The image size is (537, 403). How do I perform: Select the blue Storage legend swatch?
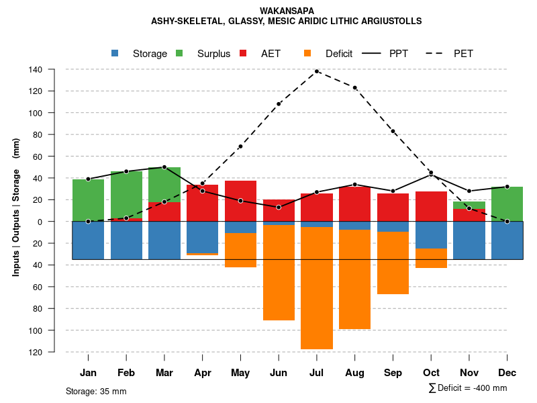(x=115, y=54)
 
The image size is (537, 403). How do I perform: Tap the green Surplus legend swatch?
(x=179, y=54)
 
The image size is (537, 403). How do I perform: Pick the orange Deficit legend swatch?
(x=307, y=54)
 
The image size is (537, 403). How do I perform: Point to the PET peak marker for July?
(x=317, y=71)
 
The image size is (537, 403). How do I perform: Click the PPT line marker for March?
(x=164, y=167)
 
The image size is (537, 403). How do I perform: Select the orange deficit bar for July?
(x=317, y=289)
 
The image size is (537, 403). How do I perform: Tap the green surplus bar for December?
(x=507, y=204)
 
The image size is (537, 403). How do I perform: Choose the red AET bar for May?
(x=240, y=201)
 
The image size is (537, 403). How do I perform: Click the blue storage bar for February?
(x=126, y=240)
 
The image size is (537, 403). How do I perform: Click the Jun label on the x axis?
(x=279, y=373)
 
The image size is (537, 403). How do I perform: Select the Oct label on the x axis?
(x=431, y=373)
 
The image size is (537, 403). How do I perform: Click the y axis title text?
(x=16, y=207)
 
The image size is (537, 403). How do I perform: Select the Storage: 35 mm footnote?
(x=96, y=391)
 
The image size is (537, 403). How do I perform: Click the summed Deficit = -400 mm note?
(x=468, y=388)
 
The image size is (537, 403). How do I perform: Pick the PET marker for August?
(x=355, y=87)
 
